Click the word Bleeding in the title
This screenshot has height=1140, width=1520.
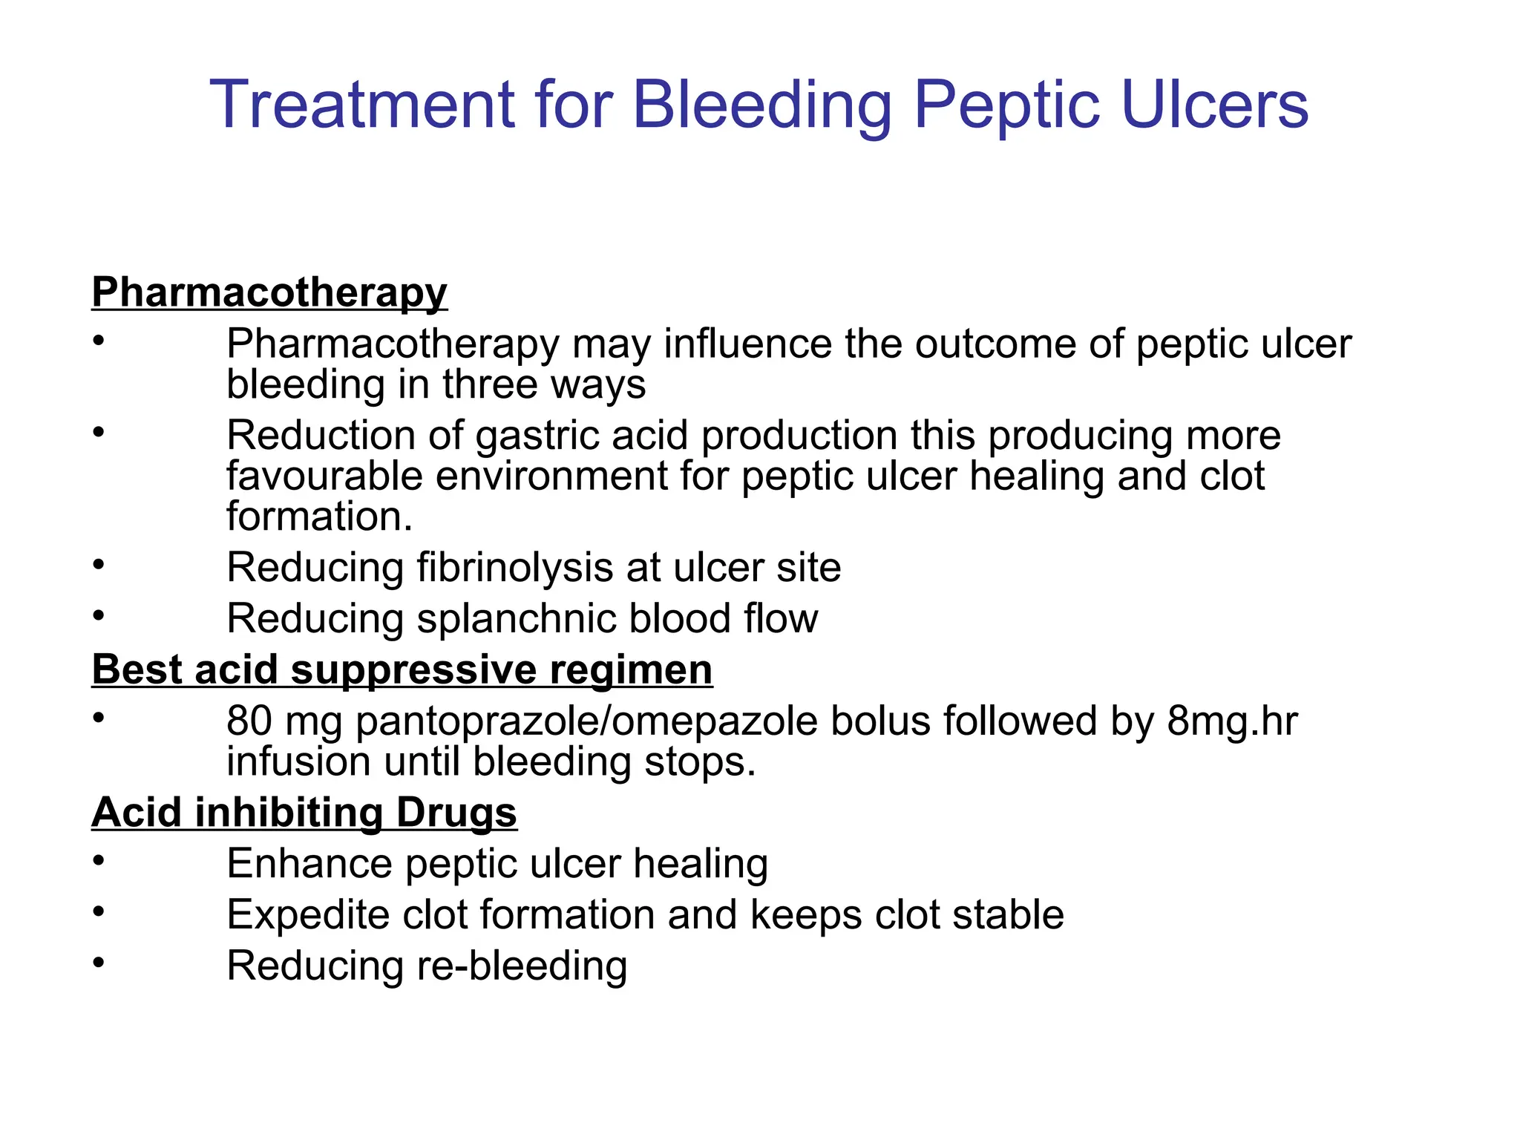(x=761, y=105)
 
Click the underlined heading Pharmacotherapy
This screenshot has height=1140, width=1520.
(x=269, y=292)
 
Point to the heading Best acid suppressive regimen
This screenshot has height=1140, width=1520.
(x=402, y=669)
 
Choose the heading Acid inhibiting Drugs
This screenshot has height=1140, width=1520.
(x=304, y=812)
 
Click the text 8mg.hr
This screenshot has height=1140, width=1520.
(x=1232, y=721)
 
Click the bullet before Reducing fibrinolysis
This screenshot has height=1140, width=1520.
(x=99, y=566)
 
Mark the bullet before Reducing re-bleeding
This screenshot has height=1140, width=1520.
(x=99, y=963)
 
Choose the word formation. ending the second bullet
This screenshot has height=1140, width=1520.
(x=319, y=517)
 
